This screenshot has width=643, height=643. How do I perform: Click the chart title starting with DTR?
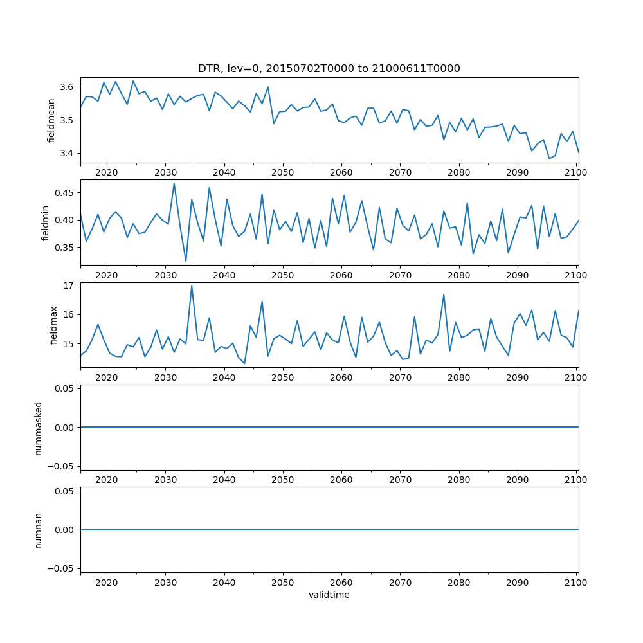[329, 69]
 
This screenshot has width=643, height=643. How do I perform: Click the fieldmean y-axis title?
[51, 120]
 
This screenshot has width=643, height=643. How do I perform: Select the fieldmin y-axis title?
[45, 222]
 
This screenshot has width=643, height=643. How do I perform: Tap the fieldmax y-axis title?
[53, 325]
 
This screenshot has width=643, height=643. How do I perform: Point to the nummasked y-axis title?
[38, 428]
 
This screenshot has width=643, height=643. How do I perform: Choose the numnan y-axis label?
[38, 530]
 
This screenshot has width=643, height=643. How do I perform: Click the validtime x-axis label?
[329, 595]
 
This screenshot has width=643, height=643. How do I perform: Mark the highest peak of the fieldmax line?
[192, 286]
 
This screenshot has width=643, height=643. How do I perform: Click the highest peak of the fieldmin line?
[174, 183]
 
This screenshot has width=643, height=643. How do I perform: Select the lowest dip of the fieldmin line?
[186, 261]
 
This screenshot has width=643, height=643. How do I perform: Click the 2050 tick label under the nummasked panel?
[282, 480]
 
